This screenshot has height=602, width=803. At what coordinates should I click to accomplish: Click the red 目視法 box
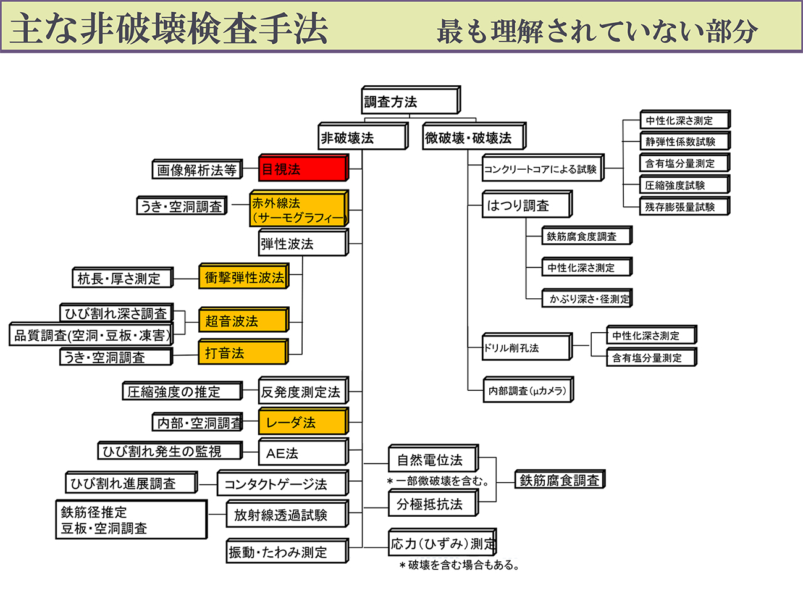[x=303, y=169]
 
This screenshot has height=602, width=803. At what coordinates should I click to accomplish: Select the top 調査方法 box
[x=410, y=101]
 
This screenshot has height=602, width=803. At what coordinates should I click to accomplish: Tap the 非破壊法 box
[x=363, y=137]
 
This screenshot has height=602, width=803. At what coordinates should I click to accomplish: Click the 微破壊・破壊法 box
[x=473, y=137]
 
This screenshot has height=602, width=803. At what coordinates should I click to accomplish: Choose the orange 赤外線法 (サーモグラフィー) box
[x=299, y=209]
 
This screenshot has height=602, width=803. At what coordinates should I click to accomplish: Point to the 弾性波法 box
[x=303, y=243]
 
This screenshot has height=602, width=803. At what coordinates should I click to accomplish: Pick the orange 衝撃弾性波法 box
[x=244, y=277]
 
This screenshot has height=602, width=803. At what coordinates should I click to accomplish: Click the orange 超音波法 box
[x=243, y=320]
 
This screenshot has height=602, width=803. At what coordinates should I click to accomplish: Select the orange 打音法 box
[x=243, y=353]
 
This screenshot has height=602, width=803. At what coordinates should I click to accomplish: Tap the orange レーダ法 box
[x=303, y=422]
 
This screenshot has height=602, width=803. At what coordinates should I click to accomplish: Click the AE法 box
[x=303, y=453]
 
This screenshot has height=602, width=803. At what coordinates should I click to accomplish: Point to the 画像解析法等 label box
[x=196, y=170]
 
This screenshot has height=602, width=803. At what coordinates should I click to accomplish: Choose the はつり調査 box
[x=526, y=205]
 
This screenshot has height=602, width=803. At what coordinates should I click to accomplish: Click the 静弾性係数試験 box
[x=684, y=141]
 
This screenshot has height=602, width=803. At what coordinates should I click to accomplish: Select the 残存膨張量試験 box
[x=684, y=207]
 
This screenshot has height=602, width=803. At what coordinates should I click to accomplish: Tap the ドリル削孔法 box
[x=526, y=348]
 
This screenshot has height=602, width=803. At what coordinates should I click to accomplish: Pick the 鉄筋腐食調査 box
[x=560, y=480]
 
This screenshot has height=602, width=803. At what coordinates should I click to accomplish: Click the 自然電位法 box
[x=433, y=459]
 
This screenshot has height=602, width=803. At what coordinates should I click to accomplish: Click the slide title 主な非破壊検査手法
[x=169, y=28]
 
